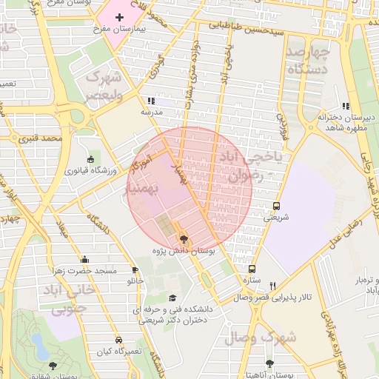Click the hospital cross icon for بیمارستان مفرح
coord(120,16)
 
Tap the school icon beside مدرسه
coord(152,101)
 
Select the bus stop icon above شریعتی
coord(276,206)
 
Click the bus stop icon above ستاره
coord(252,269)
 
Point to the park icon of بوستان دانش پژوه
coord(184,239)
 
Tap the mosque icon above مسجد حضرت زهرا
coord(85,260)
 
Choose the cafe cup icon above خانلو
coord(135,270)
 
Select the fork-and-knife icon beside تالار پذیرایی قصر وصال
coord(272,286)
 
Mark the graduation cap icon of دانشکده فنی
coord(172,298)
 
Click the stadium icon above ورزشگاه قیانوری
coord(90,159)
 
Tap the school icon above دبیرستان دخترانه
coord(346,107)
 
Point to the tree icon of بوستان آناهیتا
coord(269,363)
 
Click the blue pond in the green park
coord(38,342)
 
